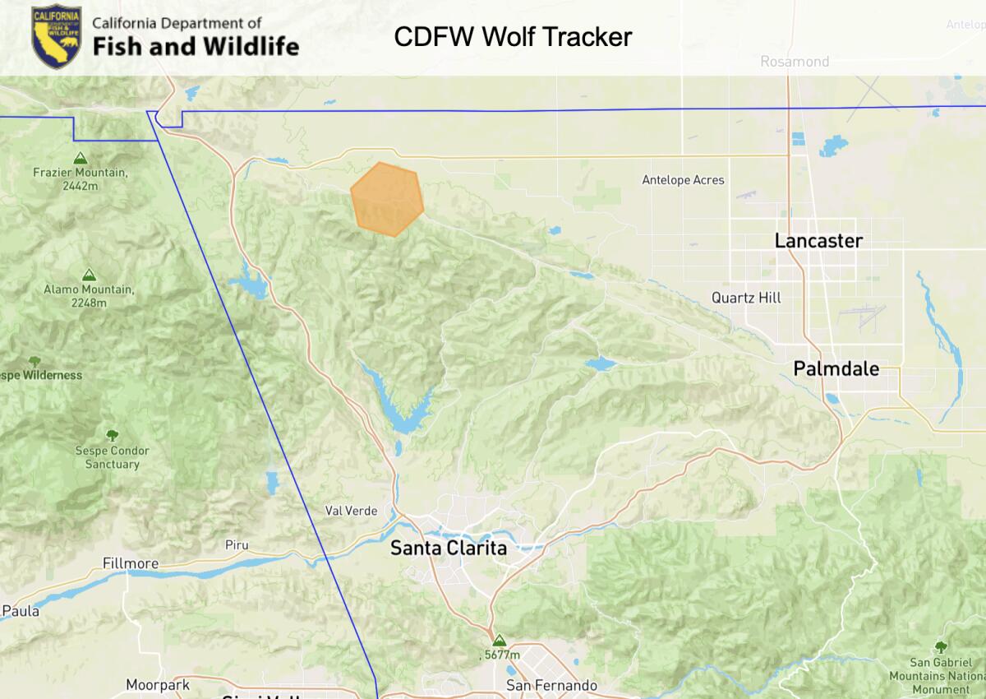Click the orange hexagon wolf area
tap(387, 199)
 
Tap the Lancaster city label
tap(818, 241)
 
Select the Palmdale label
tap(836, 368)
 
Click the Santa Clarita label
tap(448, 548)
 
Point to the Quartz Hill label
tap(746, 298)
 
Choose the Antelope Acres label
tap(683, 180)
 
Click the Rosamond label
tap(794, 62)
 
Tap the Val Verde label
tap(351, 511)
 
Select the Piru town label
tap(236, 544)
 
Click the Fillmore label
tap(130, 563)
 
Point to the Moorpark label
tap(158, 684)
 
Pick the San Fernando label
tap(551, 685)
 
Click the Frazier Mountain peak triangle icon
tap(80, 158)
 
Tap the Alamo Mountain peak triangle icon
tap(88, 275)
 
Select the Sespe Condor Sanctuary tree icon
tap(113, 435)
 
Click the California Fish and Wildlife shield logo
tap(56, 37)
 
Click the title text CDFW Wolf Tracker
tap(513, 37)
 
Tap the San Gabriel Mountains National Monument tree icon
tap(940, 647)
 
